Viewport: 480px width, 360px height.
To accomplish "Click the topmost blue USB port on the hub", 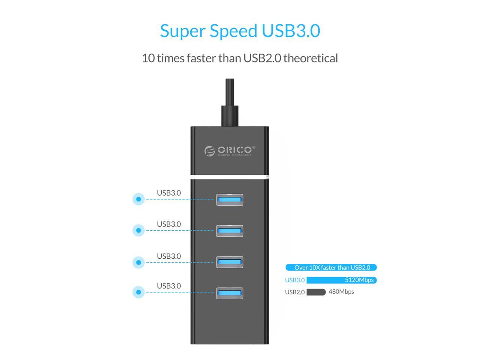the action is [x=229, y=199].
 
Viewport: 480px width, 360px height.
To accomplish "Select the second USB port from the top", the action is [x=229, y=231].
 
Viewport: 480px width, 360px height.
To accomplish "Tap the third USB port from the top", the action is [x=229, y=262].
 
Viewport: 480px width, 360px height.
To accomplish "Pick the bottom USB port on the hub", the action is [x=229, y=293].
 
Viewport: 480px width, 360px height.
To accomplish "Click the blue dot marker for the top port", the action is [x=138, y=199].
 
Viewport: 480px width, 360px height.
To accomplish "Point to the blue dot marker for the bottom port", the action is [x=138, y=292].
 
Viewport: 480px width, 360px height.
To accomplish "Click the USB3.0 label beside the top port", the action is [x=169, y=193].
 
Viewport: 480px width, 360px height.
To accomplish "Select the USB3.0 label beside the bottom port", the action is [x=169, y=286].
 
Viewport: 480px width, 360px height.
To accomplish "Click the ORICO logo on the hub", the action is [x=230, y=151].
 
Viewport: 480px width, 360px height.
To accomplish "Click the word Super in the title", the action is [x=183, y=31].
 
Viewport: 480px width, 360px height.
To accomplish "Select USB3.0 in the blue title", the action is [x=291, y=31].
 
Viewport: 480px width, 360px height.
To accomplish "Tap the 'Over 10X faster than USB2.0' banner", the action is [x=331, y=267].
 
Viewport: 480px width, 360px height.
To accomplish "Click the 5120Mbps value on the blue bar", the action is [x=359, y=280].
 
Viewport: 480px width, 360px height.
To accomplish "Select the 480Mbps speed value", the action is [x=341, y=291].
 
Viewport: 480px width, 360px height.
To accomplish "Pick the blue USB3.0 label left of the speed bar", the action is [x=295, y=280].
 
